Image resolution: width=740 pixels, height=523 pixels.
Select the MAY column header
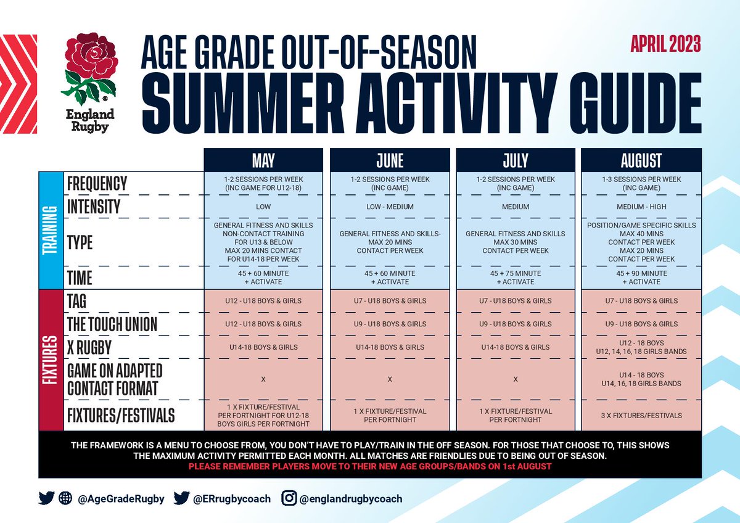tap(263, 161)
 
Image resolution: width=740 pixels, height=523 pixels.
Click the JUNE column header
tap(389, 161)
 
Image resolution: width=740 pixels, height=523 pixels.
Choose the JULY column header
tap(515, 161)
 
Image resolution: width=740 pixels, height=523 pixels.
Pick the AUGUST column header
tap(641, 161)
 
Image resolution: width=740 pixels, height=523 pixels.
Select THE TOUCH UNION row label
tap(112, 324)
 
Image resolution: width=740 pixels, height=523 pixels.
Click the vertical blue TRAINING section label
tap(51, 230)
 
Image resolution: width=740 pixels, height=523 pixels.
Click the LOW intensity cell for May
tap(263, 207)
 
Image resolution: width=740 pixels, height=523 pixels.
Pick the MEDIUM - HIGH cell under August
tap(641, 207)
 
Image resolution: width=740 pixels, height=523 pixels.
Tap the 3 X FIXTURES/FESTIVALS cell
tap(641, 416)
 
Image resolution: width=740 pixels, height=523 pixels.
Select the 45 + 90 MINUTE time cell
tap(641, 277)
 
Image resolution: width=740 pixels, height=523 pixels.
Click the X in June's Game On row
tap(389, 379)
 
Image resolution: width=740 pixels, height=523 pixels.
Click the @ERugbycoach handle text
tap(232, 499)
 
